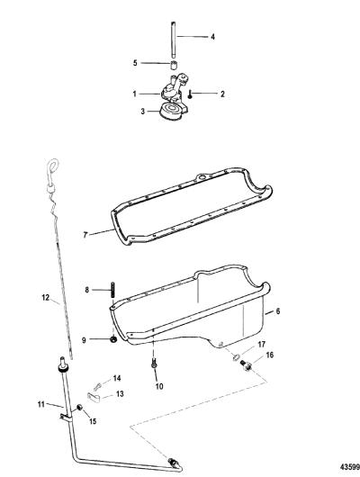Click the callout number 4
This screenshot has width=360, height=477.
(212, 37)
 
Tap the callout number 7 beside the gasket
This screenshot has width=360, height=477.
(85, 235)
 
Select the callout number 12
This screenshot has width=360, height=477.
(45, 297)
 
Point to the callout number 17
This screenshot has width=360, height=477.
(261, 345)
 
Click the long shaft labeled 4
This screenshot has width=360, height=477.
(174, 40)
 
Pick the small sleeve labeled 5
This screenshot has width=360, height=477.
(174, 65)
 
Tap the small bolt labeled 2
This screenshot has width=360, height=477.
(190, 94)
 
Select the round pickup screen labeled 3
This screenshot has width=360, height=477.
(172, 112)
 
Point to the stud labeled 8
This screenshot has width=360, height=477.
(113, 291)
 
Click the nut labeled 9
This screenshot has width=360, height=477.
(113, 339)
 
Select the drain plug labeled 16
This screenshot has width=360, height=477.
(246, 365)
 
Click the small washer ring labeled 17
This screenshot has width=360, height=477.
(237, 357)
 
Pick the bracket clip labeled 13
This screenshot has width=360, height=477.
(94, 396)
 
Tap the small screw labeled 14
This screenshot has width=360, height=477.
(97, 387)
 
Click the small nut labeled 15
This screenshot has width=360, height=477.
(80, 408)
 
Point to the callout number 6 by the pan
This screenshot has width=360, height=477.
(277, 311)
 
